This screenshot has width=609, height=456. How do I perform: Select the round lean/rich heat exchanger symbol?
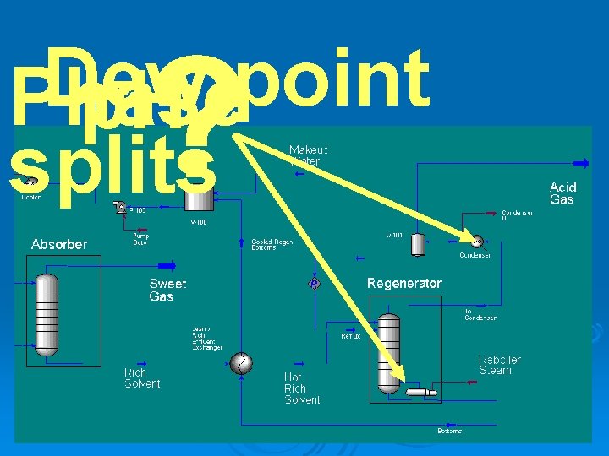241,363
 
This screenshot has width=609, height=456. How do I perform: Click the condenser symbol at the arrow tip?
477,241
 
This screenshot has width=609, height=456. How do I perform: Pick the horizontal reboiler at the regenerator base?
420,392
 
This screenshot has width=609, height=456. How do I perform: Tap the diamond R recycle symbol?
314,285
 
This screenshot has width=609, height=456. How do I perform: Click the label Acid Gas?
562,193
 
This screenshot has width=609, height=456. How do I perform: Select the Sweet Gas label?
167,290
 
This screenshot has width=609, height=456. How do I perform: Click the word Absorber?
59,245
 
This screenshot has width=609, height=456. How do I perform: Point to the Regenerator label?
403,284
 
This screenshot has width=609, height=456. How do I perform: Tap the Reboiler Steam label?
500,365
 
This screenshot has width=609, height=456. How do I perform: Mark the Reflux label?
350,336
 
